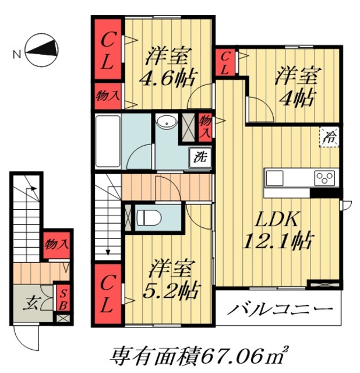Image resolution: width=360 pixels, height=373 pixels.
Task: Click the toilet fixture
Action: (x=149, y=217)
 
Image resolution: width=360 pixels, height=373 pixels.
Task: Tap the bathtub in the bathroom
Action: (x=108, y=141)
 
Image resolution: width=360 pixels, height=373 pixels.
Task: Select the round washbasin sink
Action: (x=167, y=122)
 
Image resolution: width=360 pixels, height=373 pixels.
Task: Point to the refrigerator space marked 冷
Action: (x=329, y=137)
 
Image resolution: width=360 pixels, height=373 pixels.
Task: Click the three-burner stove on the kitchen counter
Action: (x=324, y=178)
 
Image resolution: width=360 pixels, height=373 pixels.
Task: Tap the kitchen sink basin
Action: (x=274, y=178)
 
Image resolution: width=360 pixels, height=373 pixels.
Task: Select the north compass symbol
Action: (x=42, y=50)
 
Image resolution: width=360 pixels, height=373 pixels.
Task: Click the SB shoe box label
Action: (x=62, y=298)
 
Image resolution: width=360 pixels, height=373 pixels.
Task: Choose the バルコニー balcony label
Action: (x=280, y=309)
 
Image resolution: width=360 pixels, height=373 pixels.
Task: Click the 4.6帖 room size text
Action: (x=168, y=78)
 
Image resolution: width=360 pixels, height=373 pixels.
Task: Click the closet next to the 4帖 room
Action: (x=225, y=62)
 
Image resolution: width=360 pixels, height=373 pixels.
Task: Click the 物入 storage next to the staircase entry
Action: (x=57, y=244)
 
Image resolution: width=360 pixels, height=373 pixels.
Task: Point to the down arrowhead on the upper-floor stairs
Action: (x=108, y=252)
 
